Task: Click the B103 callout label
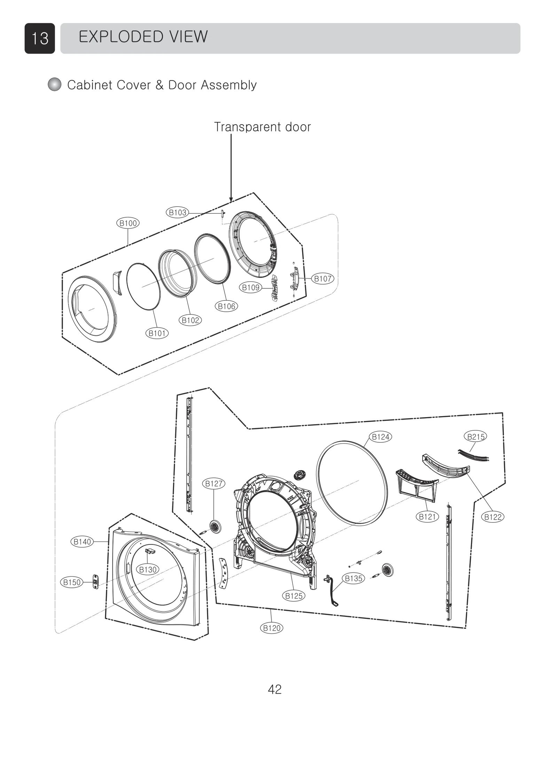click(178, 212)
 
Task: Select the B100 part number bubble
click(128, 223)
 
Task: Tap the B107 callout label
click(322, 279)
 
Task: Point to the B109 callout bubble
click(251, 287)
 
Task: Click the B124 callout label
click(381, 437)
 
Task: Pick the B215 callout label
click(476, 437)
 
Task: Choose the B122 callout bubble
click(493, 517)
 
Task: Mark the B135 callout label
click(354, 578)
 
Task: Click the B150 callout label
click(72, 582)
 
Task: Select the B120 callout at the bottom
click(272, 628)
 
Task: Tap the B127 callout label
click(214, 483)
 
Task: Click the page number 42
click(275, 690)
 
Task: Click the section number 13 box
click(40, 38)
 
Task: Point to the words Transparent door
click(262, 127)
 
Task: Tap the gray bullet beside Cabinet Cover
click(54, 85)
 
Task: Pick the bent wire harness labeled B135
click(332, 591)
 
